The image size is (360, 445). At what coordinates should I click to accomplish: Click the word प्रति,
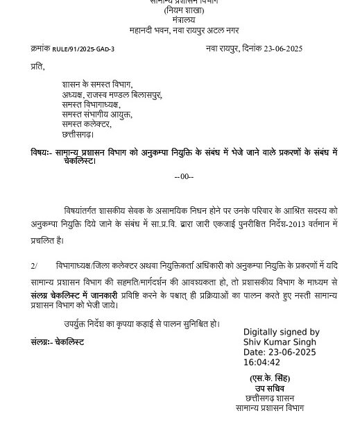tap(37, 67)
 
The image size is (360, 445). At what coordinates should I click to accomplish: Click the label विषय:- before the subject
tap(41, 152)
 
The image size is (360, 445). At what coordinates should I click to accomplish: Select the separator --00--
tap(184, 176)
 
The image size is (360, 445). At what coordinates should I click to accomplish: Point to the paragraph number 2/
tap(34, 265)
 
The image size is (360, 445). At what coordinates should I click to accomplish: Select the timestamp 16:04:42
tap(262, 362)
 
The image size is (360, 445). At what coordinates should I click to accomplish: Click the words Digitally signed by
tap(281, 333)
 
